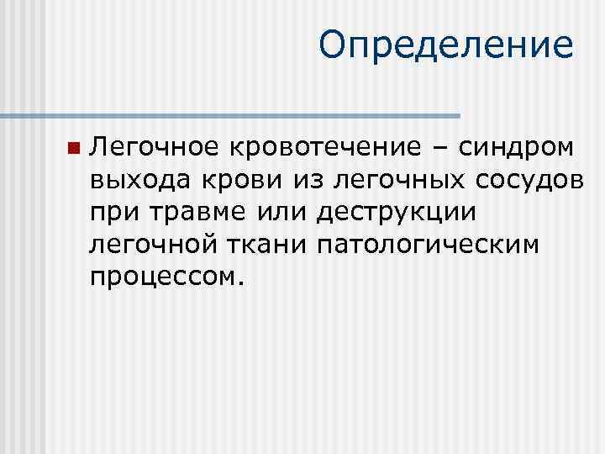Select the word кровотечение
pos(326,148)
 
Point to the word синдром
pos(515,148)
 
